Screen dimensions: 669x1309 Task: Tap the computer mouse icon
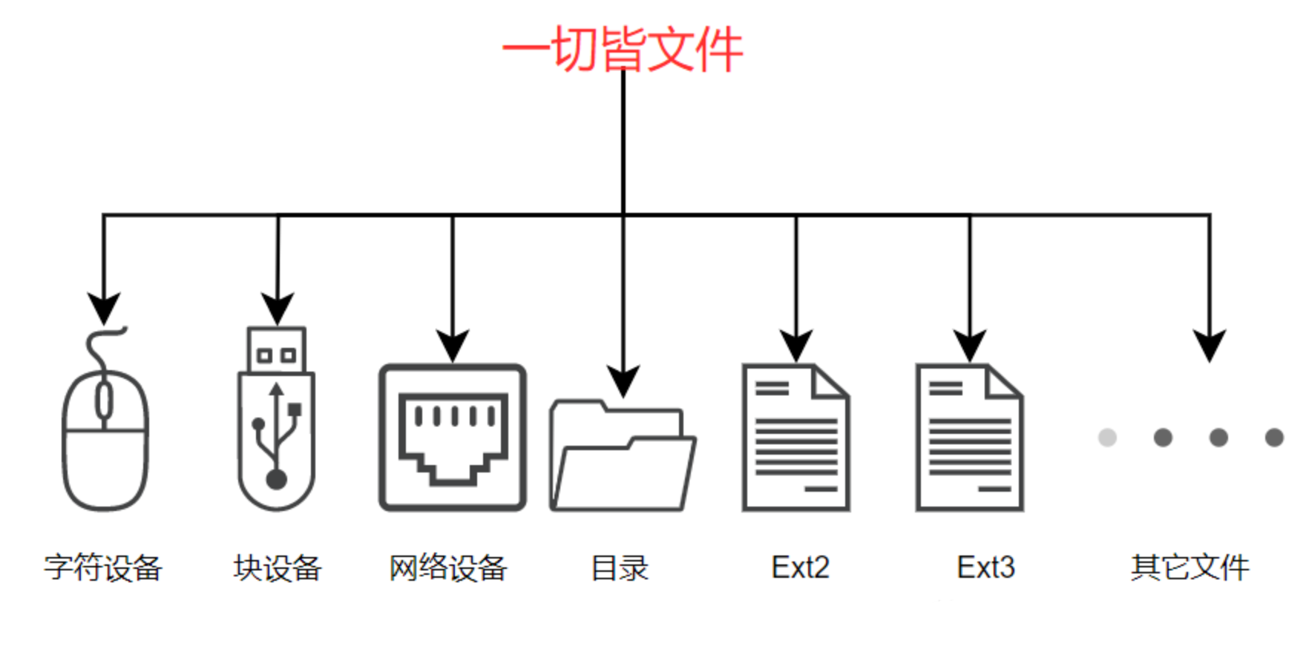tap(105, 438)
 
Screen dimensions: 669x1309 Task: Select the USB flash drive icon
tap(277, 423)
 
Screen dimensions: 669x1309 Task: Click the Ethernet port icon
tap(453, 438)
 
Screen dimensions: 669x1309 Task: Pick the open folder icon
tap(622, 457)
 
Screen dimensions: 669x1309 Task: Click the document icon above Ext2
tap(796, 438)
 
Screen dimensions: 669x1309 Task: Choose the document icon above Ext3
tap(970, 438)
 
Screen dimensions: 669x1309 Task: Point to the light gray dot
tap(1107, 438)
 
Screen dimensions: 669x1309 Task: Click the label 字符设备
tap(103, 568)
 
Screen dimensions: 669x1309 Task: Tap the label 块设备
tap(277, 568)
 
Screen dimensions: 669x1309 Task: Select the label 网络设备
tap(448, 568)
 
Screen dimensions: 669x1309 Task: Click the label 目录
tap(620, 568)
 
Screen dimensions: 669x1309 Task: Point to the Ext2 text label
tap(800, 568)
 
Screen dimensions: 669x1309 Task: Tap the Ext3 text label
tap(985, 568)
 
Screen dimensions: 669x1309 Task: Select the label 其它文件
tap(1190, 568)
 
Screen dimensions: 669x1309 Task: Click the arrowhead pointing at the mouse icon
tap(104, 308)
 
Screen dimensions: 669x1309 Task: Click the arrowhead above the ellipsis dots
tap(1210, 345)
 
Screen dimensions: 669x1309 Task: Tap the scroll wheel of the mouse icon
tap(105, 401)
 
